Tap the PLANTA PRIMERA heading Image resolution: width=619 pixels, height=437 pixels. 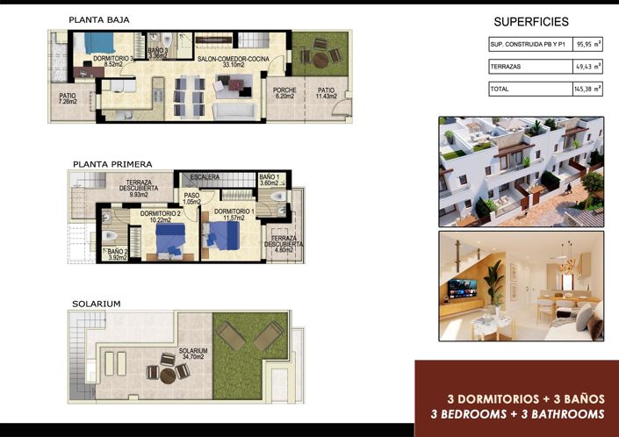click(x=112, y=163)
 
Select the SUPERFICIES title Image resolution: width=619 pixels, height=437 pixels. click(x=531, y=22)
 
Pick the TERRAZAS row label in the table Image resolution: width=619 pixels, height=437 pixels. click(x=507, y=67)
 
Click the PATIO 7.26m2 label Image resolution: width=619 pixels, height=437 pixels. click(x=68, y=99)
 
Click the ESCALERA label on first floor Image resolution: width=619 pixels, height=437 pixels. click(x=204, y=176)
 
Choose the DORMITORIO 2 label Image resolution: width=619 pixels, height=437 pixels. click(x=161, y=216)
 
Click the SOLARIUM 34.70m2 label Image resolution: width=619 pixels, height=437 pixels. click(x=191, y=354)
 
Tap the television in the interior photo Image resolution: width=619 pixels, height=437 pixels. click(x=465, y=289)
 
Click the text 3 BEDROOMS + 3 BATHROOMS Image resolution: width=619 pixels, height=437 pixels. click(x=517, y=413)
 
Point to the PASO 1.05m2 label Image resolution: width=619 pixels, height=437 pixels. click(x=191, y=200)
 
